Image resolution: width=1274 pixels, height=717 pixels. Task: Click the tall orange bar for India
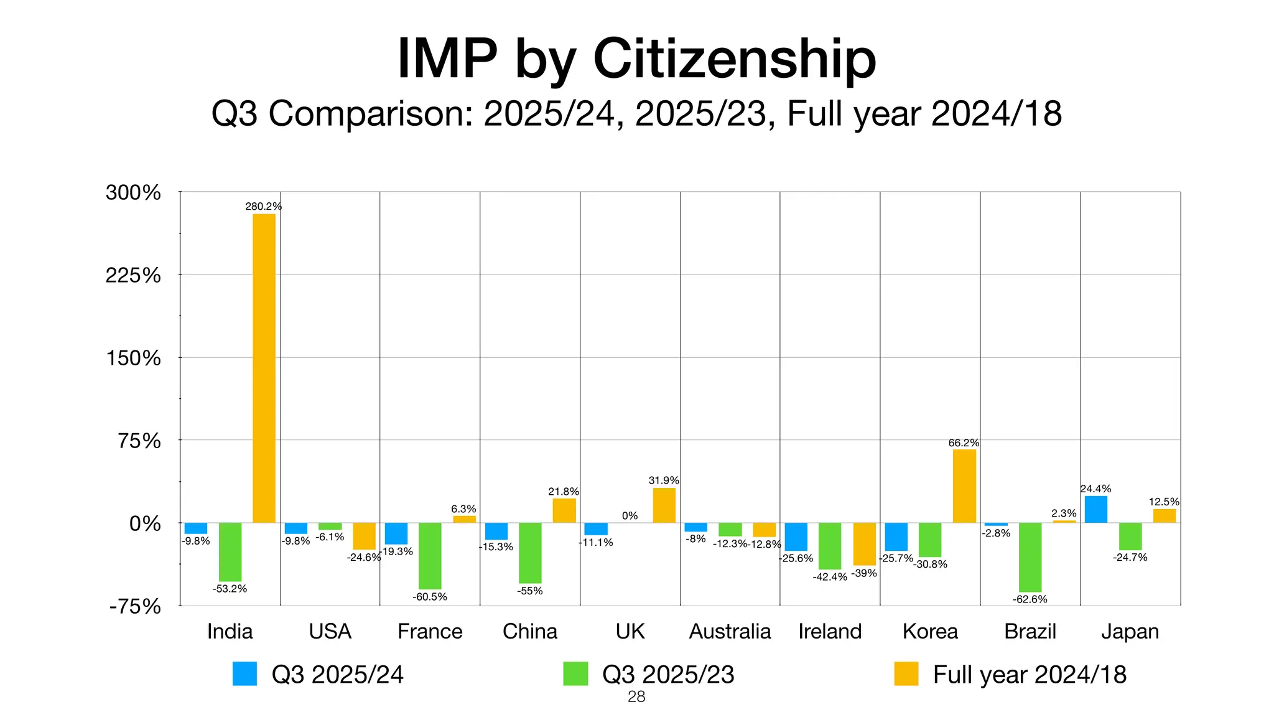click(264, 368)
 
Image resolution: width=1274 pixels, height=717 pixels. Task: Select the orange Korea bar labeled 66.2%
click(964, 486)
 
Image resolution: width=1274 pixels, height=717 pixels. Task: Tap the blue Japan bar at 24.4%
click(1095, 509)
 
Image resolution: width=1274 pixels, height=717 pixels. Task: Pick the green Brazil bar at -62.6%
click(1030, 557)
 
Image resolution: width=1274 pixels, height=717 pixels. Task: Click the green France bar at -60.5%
click(430, 556)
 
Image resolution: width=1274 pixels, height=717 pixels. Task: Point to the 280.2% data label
click(263, 206)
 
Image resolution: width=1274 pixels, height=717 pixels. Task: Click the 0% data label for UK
click(630, 515)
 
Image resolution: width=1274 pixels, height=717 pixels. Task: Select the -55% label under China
click(529, 591)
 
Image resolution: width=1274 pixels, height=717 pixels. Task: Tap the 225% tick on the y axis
click(133, 275)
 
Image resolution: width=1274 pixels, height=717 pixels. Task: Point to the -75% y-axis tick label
click(135, 606)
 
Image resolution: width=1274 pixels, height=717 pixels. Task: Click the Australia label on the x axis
click(730, 631)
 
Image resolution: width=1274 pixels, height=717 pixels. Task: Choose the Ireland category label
click(830, 631)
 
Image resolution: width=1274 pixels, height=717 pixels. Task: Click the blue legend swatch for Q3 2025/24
click(244, 673)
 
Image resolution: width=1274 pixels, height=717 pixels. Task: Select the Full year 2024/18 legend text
click(1030, 675)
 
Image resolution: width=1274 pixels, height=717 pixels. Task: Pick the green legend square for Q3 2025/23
click(575, 673)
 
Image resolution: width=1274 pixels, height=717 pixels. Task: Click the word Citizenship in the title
click(735, 59)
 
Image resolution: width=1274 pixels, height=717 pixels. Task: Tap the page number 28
click(636, 697)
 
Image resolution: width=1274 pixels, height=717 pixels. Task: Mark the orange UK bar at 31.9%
click(664, 505)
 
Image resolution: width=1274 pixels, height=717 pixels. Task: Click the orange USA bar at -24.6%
click(364, 536)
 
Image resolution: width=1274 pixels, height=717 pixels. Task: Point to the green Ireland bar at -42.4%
click(830, 546)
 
